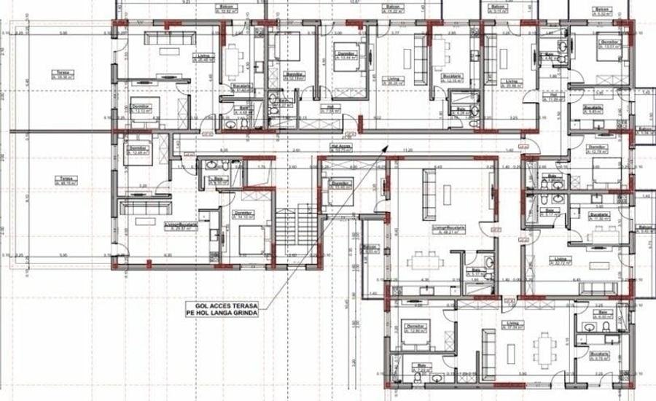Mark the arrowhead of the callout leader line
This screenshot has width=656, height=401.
(x=383, y=145)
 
